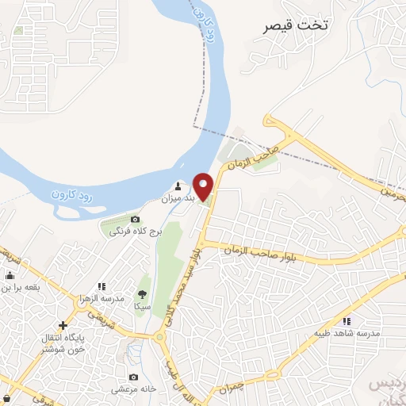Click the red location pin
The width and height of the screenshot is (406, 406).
pos(204,186)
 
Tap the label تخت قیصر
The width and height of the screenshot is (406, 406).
pos(298,25)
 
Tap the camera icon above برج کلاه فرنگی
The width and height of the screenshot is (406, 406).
pos(135,219)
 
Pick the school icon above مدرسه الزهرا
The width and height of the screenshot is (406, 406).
pos(101,286)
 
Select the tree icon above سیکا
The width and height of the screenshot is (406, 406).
pos(143,293)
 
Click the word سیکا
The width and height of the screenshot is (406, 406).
pos(143,305)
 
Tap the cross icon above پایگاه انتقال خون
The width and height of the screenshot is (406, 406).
pos(63,325)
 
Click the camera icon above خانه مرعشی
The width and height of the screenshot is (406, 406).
pos(133,377)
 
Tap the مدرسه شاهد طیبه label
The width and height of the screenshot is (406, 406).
pos(347,334)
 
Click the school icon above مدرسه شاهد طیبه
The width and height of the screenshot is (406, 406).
pos(347,321)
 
